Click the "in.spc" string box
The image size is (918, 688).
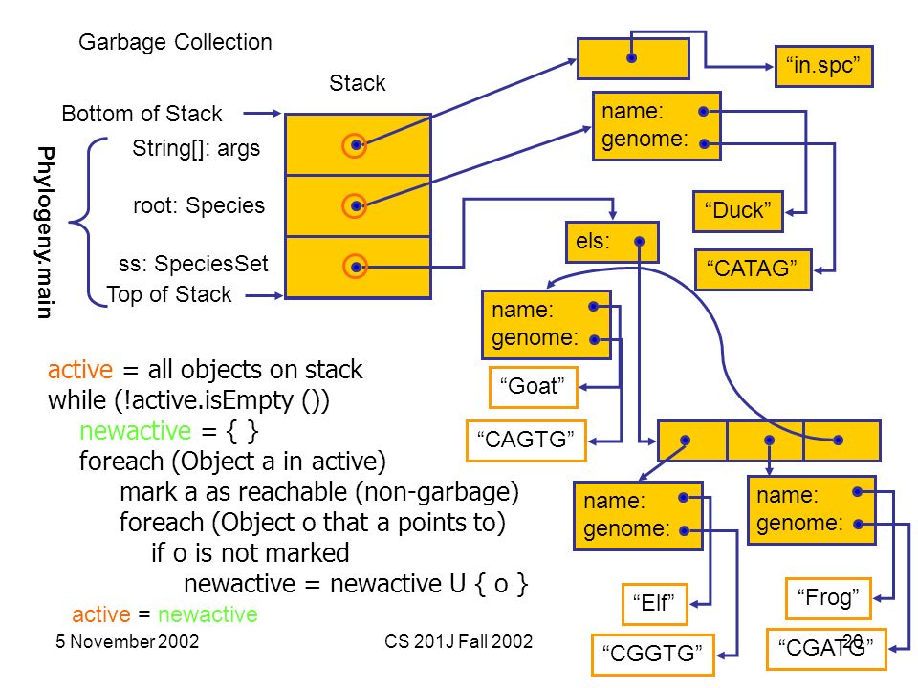coord(823,66)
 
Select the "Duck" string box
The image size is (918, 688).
coord(737,211)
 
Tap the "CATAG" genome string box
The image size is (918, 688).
coord(753,269)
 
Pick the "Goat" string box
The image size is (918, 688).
coord(533,387)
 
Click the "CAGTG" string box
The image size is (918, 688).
coord(526,441)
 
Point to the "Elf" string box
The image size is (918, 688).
coord(654,604)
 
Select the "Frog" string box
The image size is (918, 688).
coord(828,598)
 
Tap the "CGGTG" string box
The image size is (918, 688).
coord(652,655)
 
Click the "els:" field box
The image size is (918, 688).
coord(612,242)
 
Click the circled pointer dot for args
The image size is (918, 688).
coord(355,145)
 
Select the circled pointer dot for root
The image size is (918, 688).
coord(355,206)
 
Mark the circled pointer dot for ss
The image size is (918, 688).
coord(355,267)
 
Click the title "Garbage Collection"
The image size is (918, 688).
coord(175,42)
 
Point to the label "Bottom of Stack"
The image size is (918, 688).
coord(142,114)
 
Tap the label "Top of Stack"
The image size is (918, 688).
coord(169,294)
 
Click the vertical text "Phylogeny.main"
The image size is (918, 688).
coord(45,232)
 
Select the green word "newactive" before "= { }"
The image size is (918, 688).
coord(135,431)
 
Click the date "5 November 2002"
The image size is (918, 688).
coord(127,642)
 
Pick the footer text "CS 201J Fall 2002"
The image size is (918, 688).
coord(458,642)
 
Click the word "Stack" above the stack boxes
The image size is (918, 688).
coord(357,83)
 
